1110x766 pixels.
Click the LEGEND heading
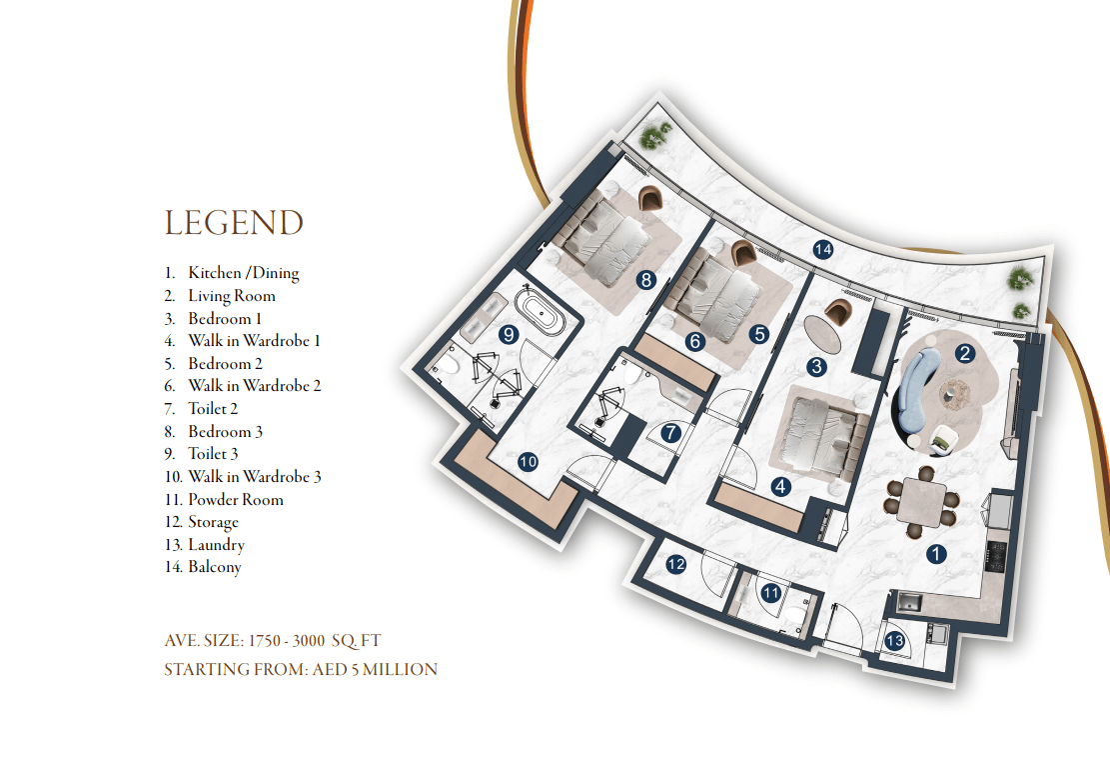(x=234, y=223)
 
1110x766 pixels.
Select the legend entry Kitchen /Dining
(x=244, y=273)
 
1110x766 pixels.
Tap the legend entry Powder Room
(x=236, y=500)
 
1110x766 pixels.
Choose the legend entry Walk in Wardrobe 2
(x=254, y=385)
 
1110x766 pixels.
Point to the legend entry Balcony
(x=215, y=567)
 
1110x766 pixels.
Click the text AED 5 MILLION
(x=375, y=670)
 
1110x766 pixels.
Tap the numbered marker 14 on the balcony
(x=822, y=249)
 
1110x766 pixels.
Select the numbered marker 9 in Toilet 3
(x=509, y=334)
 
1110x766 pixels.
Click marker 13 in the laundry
(x=895, y=641)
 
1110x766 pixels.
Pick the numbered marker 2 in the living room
(x=964, y=353)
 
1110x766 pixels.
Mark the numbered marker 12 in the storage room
(x=676, y=564)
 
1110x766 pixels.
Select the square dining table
(x=922, y=500)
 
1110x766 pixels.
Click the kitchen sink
(x=907, y=603)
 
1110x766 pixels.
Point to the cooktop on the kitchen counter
(x=997, y=556)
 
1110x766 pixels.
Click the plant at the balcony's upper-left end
(x=654, y=135)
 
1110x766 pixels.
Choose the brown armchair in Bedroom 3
(x=649, y=198)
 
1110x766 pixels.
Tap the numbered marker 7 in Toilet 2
(x=670, y=432)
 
